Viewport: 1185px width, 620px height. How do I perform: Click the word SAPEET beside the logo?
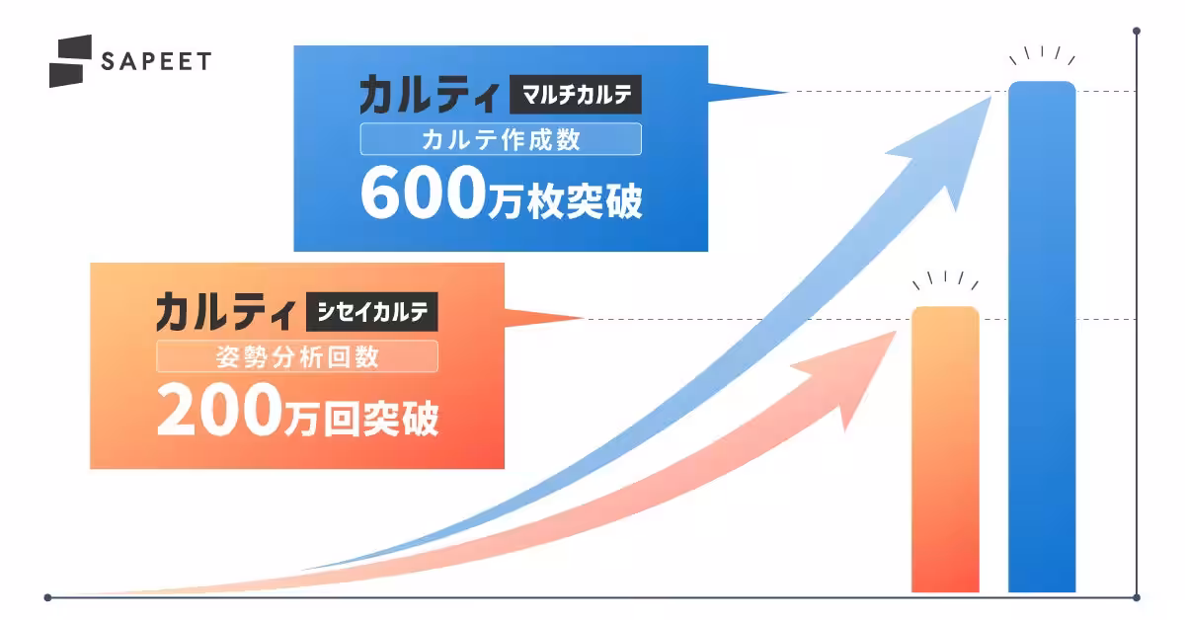click(156, 61)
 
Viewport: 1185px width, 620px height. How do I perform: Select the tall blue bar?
click(1041, 336)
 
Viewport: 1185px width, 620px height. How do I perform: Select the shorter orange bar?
click(945, 449)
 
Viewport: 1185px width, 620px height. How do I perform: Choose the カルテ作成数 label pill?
click(501, 139)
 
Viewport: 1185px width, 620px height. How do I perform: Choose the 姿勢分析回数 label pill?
click(297, 357)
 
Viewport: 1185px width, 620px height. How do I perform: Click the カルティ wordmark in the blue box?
click(429, 97)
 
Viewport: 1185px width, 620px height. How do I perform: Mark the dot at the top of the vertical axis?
click(1137, 32)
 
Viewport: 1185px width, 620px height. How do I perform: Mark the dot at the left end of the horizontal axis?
click(47, 596)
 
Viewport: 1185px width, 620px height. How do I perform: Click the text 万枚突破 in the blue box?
click(565, 200)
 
